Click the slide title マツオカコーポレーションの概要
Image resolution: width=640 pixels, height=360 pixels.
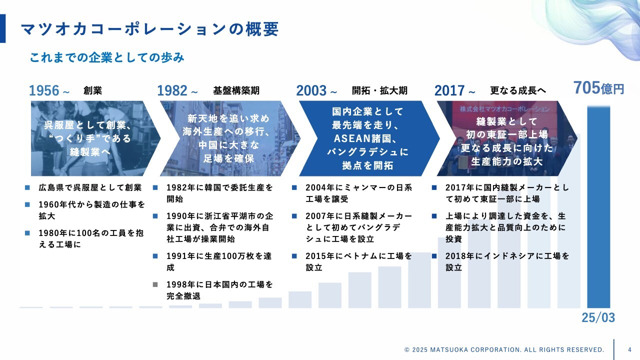(149, 29)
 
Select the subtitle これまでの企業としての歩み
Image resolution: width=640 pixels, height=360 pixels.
(107, 57)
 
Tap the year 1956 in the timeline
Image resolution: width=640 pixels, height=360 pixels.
(44, 90)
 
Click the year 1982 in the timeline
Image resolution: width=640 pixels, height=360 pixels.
(172, 90)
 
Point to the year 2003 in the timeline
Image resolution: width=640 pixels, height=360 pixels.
(311, 90)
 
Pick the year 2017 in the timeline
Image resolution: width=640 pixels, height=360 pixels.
(449, 90)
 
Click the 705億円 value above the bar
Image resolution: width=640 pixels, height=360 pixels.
(598, 87)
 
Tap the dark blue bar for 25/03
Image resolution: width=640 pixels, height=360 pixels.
(598, 207)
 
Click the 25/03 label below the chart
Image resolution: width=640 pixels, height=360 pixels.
(598, 317)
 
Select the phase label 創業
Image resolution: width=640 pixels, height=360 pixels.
(92, 90)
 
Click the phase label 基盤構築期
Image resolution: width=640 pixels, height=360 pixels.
(236, 90)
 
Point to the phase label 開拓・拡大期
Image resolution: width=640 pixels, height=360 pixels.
(379, 90)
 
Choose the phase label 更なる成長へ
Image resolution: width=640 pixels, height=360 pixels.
(518, 90)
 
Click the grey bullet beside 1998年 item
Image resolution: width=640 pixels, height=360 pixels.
(155, 284)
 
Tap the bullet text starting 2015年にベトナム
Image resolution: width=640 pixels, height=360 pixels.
(359, 261)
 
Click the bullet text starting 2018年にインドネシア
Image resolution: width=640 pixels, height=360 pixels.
(507, 261)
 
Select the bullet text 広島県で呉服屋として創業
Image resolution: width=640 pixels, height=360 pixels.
(90, 187)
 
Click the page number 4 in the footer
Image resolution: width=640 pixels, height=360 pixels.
(629, 349)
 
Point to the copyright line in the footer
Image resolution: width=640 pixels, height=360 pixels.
(504, 349)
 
